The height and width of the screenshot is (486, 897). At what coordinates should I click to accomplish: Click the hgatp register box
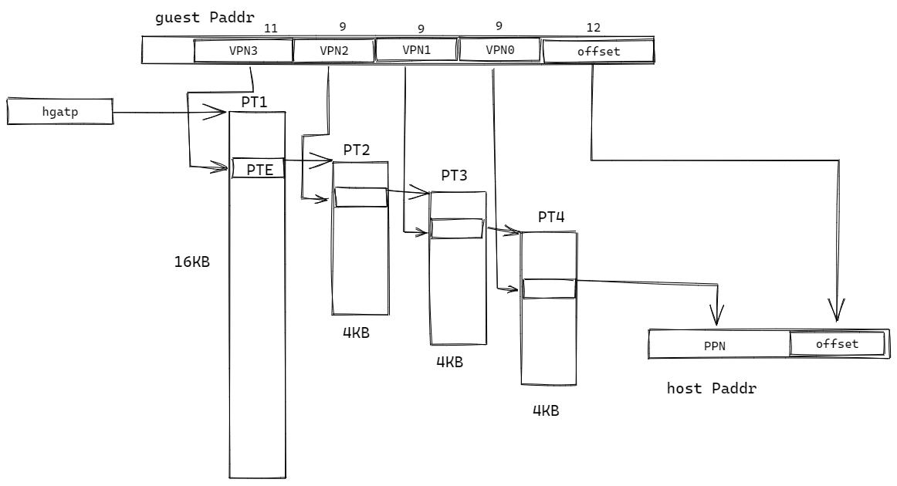[60, 112]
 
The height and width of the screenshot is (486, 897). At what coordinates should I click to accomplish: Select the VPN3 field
[243, 51]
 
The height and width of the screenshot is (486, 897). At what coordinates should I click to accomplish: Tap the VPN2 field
[333, 51]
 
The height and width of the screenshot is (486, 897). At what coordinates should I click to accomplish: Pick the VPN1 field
[417, 49]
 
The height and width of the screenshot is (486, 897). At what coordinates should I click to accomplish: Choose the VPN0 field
[500, 49]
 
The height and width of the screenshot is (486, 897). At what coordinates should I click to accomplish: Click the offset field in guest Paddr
[598, 52]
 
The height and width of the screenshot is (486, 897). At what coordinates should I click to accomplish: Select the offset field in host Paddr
[837, 344]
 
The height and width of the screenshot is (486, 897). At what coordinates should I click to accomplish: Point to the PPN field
[716, 346]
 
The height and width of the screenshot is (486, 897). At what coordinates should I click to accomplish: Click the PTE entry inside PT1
[259, 168]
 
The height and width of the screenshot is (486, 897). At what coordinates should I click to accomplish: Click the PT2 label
[357, 150]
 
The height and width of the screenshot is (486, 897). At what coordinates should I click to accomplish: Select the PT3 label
[454, 175]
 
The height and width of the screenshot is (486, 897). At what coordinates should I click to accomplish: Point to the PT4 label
[551, 217]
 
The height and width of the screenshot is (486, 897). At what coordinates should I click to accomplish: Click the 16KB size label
[191, 262]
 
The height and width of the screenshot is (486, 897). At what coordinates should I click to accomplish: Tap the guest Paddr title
[205, 17]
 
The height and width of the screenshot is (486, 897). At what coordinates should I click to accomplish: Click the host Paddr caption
[711, 388]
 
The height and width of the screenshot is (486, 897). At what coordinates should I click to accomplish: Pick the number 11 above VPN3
[270, 29]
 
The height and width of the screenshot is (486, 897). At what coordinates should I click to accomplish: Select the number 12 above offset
[594, 27]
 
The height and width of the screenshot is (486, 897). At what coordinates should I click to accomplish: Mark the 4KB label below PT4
[545, 410]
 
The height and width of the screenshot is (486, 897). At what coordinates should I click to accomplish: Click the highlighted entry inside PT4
[550, 288]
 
